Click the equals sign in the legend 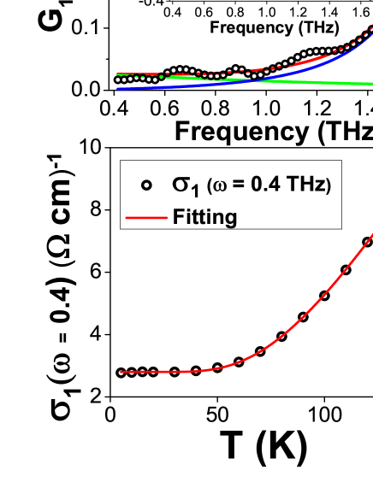pyautogui.click(x=241, y=185)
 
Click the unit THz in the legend pyautogui.click(x=303, y=185)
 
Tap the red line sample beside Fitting pyautogui.click(x=146, y=219)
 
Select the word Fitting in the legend pyautogui.click(x=204, y=217)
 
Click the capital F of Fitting pyautogui.click(x=178, y=216)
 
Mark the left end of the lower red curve pyautogui.click(x=121, y=372)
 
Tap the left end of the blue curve pyautogui.click(x=117, y=88)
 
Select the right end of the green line pyautogui.click(x=372, y=84)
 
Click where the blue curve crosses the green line pyautogui.click(x=248, y=80)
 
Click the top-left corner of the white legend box pyautogui.click(x=121, y=161)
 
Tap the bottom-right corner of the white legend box pyautogui.click(x=342, y=229)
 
